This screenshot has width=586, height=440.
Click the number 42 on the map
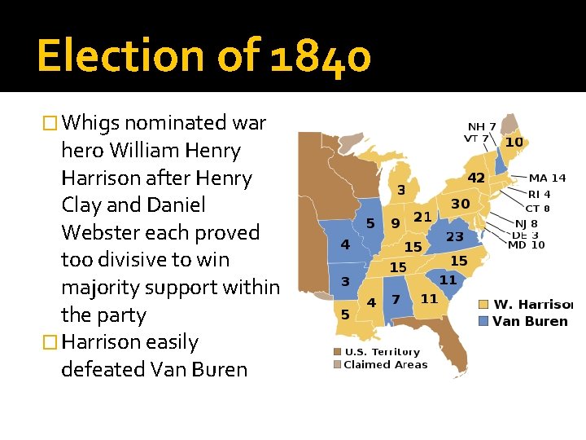pos(475,178)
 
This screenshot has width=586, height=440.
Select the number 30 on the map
pos(461,204)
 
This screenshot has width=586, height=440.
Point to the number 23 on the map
pos(455,237)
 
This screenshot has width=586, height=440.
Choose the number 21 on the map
pos(422,217)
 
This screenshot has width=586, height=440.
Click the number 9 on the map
pos(395,222)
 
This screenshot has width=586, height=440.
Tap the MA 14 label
pos(547,178)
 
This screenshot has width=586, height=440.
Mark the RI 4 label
pos(539,195)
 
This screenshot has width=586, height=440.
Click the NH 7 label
pos(481,126)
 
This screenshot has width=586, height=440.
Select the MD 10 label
pos(527,244)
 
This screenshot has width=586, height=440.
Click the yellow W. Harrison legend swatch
pos(483,305)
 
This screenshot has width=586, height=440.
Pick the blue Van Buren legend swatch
pos(483,321)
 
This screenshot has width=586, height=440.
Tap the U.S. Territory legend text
pos(382,352)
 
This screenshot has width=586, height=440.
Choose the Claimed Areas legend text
pos(385,364)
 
